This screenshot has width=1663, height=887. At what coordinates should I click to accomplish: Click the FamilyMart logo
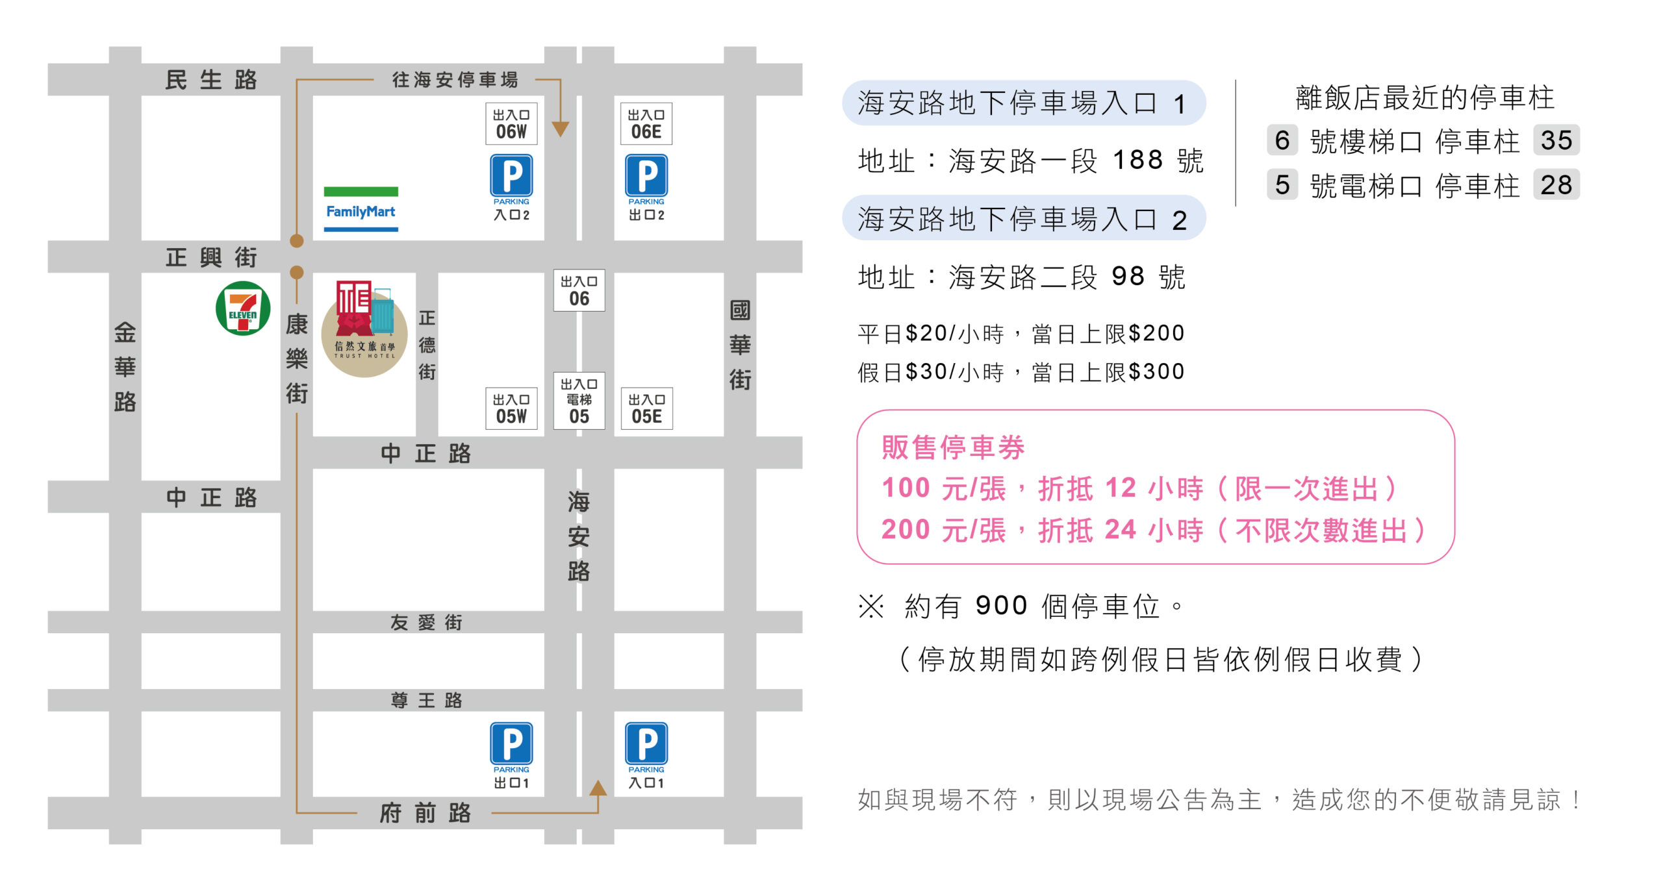tap(361, 209)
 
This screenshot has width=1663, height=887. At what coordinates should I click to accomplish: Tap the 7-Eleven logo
tap(243, 308)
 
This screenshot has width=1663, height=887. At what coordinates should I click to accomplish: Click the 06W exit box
tap(511, 123)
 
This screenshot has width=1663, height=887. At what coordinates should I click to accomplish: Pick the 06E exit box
tap(646, 123)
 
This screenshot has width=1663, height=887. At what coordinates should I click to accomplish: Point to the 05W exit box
tap(511, 408)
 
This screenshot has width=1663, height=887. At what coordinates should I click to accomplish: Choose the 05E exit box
tap(647, 408)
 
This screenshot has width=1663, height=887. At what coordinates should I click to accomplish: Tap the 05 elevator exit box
tap(579, 401)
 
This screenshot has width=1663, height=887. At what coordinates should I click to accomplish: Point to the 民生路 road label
tap(212, 80)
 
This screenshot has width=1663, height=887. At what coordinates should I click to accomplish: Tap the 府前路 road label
tap(425, 812)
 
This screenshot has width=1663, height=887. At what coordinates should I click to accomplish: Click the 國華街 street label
tap(740, 345)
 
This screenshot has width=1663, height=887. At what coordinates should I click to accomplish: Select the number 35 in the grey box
tap(1556, 140)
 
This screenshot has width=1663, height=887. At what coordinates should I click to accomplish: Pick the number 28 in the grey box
tap(1556, 185)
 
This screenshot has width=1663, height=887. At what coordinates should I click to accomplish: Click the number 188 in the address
tap(1137, 160)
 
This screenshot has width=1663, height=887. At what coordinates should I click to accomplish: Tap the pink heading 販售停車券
tap(953, 447)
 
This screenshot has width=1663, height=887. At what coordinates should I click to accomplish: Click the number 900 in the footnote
tap(1001, 605)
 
